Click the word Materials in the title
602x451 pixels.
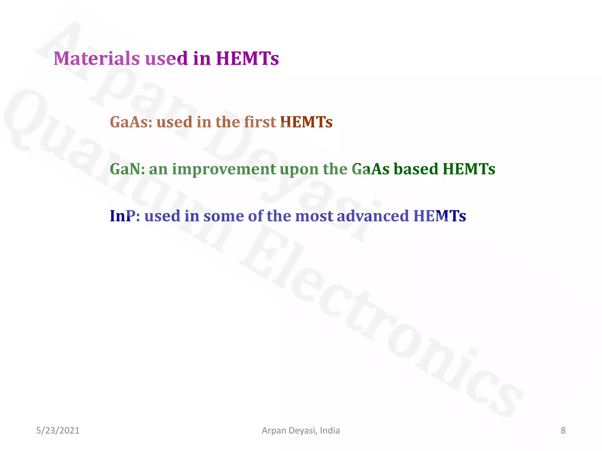click(96, 58)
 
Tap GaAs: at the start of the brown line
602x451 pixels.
click(131, 122)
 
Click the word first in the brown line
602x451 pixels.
click(260, 122)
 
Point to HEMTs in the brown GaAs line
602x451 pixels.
click(306, 122)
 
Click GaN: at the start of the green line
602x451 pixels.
click(127, 169)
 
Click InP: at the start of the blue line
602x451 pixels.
click(125, 216)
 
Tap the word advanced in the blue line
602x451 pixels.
click(373, 216)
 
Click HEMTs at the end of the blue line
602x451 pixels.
click(439, 216)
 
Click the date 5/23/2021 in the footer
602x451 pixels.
click(58, 430)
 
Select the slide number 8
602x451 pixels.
click(563, 430)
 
